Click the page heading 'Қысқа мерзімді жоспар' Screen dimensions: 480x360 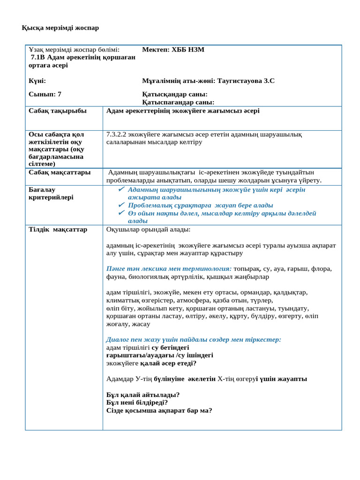click(x=60, y=28)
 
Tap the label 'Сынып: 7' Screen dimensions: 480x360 click(x=45, y=94)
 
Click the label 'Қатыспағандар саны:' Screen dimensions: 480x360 click(x=178, y=102)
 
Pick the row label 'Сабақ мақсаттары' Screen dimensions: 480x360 click(x=60, y=172)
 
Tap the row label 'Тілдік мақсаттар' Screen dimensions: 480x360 click(x=58, y=229)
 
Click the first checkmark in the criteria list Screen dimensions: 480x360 click(x=121, y=189)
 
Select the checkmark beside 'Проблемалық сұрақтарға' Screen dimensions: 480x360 click(x=121, y=205)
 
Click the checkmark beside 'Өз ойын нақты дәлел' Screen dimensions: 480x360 click(x=121, y=213)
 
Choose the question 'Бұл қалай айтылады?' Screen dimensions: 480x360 click(x=143, y=395)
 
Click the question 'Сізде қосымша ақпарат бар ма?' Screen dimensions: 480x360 click(x=159, y=410)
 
